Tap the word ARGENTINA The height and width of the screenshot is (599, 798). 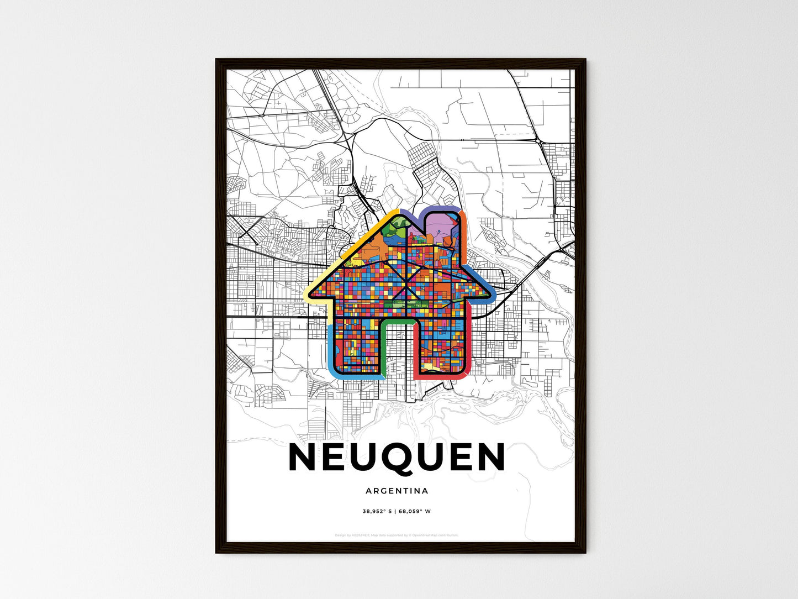coord(397,491)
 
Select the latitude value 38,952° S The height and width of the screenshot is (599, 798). coord(377,511)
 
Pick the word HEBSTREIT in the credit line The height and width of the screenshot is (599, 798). coord(362,535)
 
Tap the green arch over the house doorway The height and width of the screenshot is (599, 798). coord(398,321)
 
